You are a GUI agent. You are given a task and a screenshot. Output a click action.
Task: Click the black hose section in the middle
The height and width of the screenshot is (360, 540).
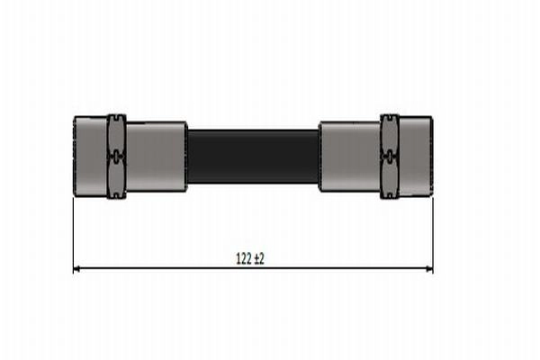tap(253, 157)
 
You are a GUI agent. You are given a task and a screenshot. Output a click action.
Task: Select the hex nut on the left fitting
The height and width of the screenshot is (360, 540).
tap(116, 156)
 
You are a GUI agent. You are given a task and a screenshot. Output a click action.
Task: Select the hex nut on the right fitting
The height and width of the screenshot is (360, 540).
tap(389, 156)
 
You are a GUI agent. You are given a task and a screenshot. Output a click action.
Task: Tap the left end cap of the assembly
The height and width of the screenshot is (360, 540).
tap(89, 156)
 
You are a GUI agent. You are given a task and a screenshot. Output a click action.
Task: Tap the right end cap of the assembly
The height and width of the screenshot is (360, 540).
tap(416, 156)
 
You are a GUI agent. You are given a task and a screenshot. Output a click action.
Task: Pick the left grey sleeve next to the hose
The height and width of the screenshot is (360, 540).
tap(156, 157)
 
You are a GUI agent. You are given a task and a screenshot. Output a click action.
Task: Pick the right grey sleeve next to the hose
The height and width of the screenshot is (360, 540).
tap(349, 157)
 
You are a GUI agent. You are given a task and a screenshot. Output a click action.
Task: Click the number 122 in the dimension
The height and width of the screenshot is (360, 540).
tap(243, 258)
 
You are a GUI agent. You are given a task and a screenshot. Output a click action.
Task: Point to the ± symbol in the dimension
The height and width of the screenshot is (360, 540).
tap(256, 258)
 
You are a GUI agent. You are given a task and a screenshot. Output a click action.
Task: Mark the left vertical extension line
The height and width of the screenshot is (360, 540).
tap(72, 234)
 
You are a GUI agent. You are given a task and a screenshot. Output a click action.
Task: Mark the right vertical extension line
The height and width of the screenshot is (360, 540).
tap(433, 234)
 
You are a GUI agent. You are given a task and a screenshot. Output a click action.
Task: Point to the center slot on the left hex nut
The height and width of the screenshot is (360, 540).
tap(116, 156)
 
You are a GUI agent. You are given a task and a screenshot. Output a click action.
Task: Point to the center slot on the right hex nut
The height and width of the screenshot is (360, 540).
tap(389, 156)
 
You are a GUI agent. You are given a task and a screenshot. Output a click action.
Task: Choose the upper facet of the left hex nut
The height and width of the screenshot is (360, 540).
tap(116, 132)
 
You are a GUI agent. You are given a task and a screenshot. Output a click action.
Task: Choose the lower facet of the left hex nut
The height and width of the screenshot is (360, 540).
tap(116, 179)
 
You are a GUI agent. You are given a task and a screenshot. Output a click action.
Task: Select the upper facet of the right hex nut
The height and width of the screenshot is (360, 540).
tap(389, 132)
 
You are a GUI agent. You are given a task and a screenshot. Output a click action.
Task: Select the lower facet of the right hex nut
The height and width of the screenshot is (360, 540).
tap(389, 179)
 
